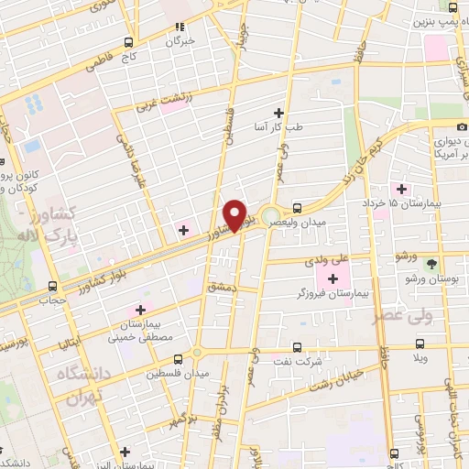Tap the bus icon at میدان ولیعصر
click(298, 207)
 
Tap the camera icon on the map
click(461, 125)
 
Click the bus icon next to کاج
click(128, 42)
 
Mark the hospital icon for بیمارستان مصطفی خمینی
click(140, 309)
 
